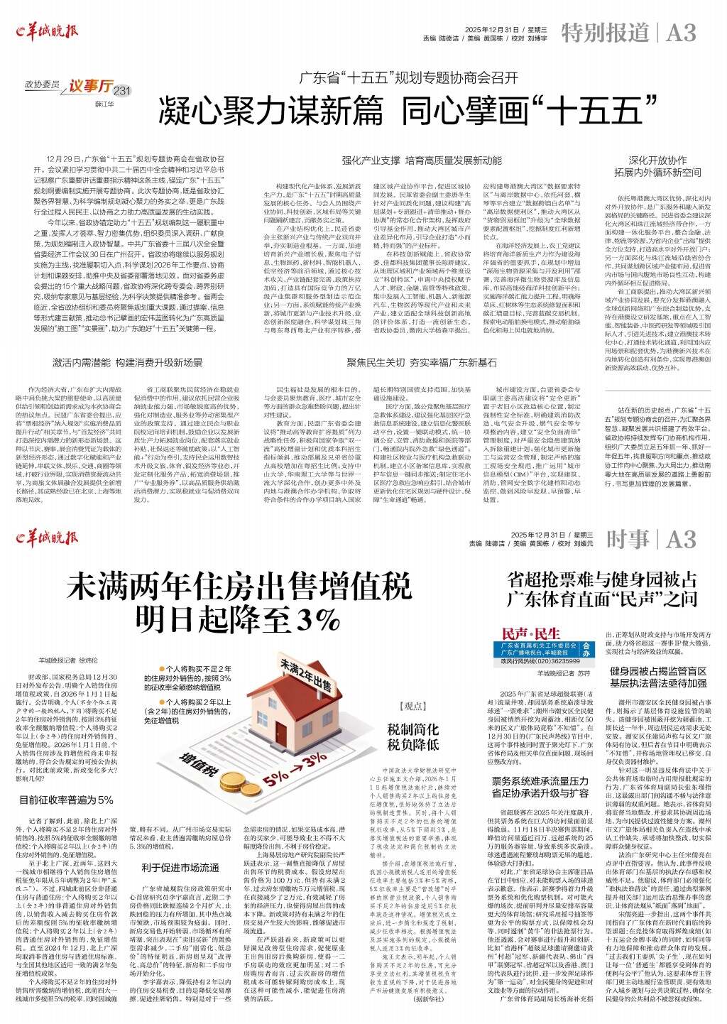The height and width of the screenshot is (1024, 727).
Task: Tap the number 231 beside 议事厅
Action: (x=123, y=91)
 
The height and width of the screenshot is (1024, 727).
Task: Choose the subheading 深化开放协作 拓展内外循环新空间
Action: (x=657, y=166)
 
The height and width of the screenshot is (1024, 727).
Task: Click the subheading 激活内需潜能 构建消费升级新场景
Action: (x=128, y=362)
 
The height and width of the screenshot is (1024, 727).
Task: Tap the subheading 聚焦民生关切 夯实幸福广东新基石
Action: (x=421, y=362)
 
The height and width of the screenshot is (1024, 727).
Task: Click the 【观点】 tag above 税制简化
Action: (x=412, y=707)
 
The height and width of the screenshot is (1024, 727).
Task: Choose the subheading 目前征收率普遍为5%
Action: (x=66, y=800)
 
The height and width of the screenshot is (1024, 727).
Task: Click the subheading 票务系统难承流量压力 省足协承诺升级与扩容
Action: (x=540, y=787)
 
